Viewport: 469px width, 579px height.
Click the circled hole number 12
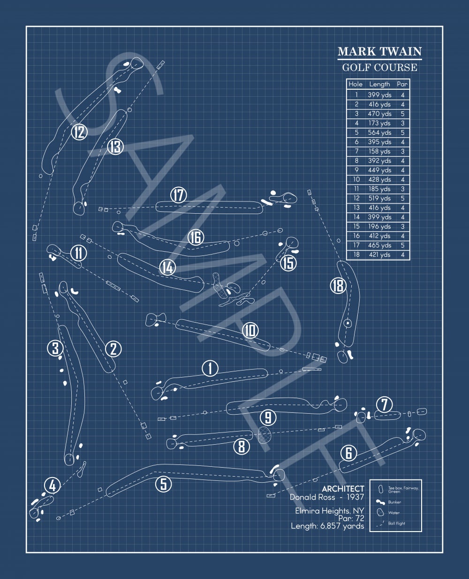(x=80, y=132)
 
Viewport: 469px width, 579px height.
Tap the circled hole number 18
(x=338, y=286)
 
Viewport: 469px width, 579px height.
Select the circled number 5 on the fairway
(x=163, y=484)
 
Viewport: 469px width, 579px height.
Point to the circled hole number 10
(x=250, y=331)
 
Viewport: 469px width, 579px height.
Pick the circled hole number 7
(x=384, y=404)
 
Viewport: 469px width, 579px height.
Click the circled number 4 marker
(x=52, y=486)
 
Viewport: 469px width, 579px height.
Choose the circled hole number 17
(x=179, y=195)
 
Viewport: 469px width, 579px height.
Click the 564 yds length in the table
(x=379, y=132)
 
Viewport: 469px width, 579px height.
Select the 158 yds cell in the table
(x=379, y=151)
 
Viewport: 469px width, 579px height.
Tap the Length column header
(x=379, y=85)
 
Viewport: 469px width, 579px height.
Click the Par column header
(x=402, y=85)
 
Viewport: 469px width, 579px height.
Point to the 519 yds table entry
(x=379, y=198)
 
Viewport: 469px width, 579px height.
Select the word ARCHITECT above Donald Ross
(x=343, y=489)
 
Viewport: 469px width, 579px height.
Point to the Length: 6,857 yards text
(x=327, y=526)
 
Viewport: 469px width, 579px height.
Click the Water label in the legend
(x=394, y=513)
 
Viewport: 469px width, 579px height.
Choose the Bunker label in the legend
(x=394, y=502)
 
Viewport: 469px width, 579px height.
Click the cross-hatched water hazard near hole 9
(x=266, y=434)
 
